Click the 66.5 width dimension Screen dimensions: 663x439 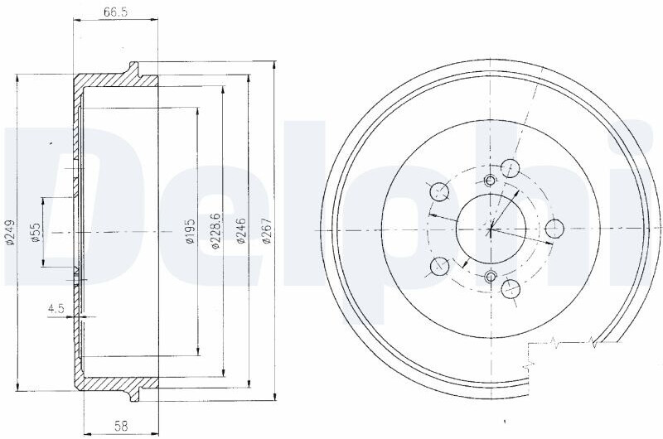pyautogui.click(x=115, y=12)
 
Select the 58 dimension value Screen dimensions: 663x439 pyautogui.click(x=121, y=427)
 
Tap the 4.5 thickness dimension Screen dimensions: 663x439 pyautogui.click(x=56, y=309)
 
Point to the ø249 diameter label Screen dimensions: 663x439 pyautogui.click(x=10, y=232)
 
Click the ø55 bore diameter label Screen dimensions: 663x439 pyautogui.click(x=36, y=232)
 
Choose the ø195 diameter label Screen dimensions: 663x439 pyautogui.click(x=190, y=231)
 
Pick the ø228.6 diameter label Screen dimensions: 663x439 pyautogui.click(x=215, y=231)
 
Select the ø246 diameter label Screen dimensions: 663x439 pyautogui.click(x=241, y=231)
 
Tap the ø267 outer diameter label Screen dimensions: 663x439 pyautogui.click(x=266, y=231)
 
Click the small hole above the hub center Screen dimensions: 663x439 pyautogui.click(x=490, y=181)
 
